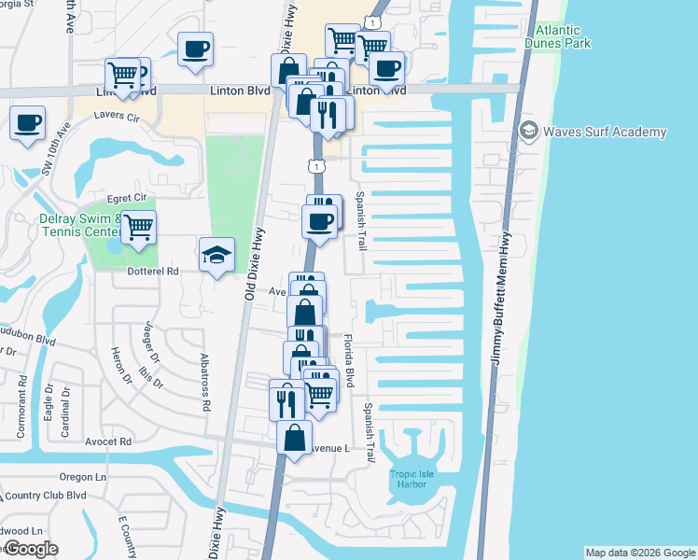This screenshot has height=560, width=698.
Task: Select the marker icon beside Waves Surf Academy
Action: point(529,132)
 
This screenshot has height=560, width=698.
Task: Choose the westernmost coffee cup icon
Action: point(28,121)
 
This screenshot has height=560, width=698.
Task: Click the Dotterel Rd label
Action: point(153,272)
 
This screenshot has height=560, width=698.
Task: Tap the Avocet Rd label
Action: point(109,441)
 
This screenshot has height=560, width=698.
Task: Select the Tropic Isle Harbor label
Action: point(412,480)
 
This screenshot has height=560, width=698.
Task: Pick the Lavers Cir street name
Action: point(116,119)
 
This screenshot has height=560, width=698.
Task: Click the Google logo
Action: point(31,549)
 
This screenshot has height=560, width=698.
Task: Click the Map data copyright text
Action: point(639,553)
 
